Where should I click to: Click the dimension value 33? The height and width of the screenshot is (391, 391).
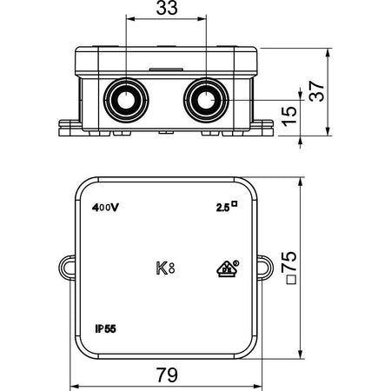point(167,8)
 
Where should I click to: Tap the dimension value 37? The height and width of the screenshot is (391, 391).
point(316,91)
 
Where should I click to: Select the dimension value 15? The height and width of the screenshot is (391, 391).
point(289,116)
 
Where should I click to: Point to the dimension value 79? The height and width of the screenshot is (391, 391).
point(167,374)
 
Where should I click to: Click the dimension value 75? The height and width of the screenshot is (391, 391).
point(289,262)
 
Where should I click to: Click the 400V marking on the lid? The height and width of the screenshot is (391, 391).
point(105,208)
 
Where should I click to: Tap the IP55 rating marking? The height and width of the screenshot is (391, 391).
point(106,328)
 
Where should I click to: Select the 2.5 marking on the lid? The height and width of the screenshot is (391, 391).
point(222,208)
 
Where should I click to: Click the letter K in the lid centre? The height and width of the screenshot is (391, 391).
point(162,268)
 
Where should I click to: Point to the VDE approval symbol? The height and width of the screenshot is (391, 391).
point(228,268)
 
